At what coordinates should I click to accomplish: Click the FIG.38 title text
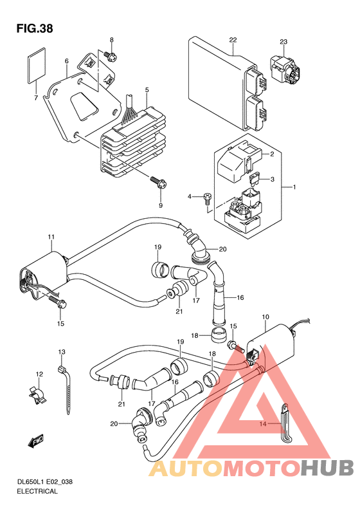35,29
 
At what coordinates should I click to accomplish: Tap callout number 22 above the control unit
233,40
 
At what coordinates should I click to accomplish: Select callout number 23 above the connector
283,42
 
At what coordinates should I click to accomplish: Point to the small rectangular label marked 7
36,64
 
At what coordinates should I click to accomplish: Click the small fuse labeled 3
255,179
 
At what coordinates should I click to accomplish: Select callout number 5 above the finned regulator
147,89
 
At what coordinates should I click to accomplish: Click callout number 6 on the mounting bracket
67,61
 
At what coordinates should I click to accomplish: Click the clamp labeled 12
37,394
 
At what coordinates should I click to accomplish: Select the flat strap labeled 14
285,422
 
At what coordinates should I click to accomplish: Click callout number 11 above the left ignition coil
51,237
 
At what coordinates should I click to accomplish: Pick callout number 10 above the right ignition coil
265,317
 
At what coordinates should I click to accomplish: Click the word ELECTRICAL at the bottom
37,491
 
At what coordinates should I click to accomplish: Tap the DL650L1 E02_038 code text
45,481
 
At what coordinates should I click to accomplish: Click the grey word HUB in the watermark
327,468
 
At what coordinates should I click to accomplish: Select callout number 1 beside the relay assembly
294,187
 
